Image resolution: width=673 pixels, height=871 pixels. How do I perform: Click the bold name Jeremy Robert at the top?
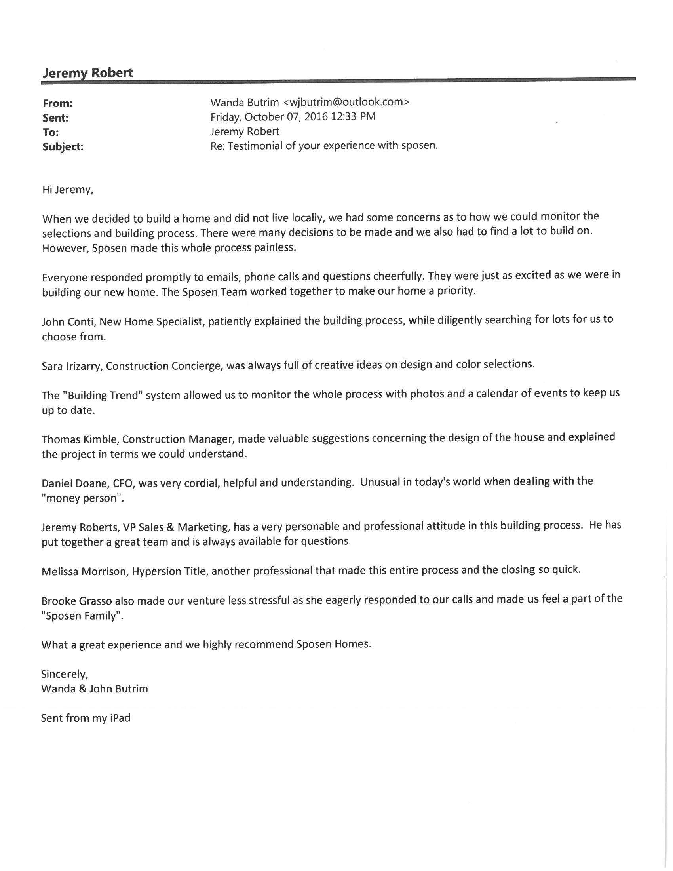pos(88,73)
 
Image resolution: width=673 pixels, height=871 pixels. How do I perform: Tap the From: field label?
pos(57,104)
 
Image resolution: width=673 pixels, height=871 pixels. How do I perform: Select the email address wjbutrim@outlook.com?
pos(346,102)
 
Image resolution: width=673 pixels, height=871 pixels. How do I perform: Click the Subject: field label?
pos(63,147)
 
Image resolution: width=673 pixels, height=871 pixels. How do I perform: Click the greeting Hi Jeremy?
pos(68,190)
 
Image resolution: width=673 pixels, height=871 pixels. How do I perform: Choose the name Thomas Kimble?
pos(80,439)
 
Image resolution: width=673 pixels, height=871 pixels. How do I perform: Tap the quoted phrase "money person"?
pos(82,498)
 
